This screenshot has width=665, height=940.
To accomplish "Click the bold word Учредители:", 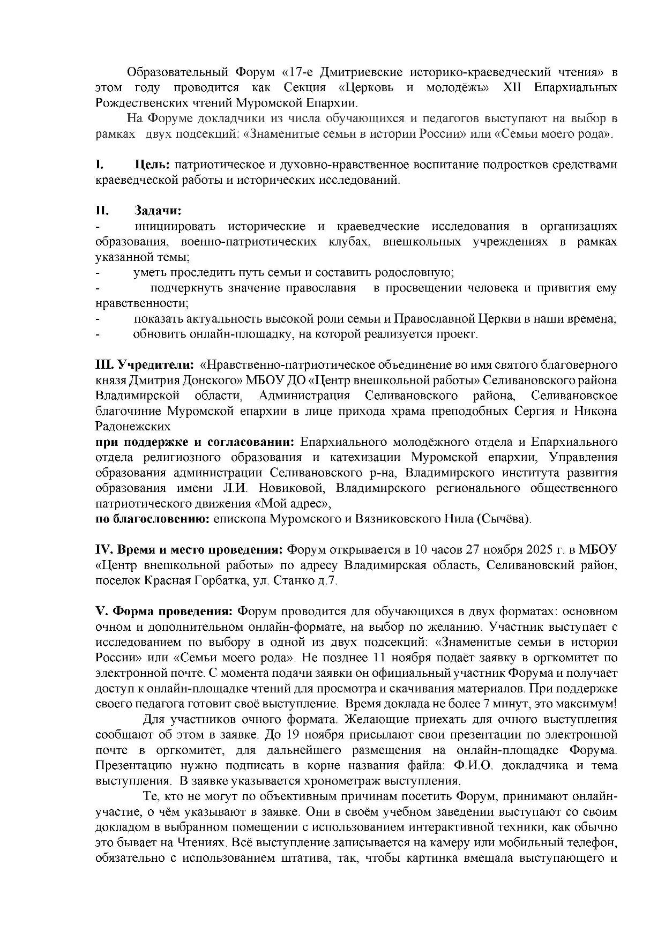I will coord(155,365).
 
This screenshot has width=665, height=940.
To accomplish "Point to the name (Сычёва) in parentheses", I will coord(503,519).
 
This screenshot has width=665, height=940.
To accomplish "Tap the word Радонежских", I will coord(133,427).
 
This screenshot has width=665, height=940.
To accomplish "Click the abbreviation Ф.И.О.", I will coord(472,765).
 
